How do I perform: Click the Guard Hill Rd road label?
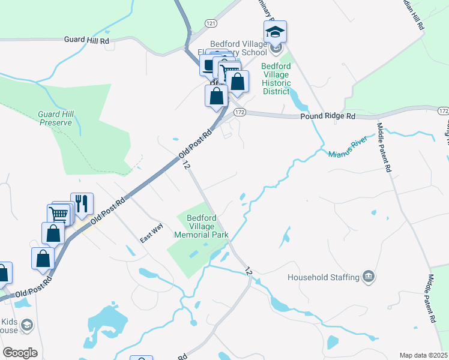tap(87, 40)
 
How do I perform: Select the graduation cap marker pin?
tap(275, 32)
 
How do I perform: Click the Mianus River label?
tap(348, 154)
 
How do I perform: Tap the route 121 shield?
tap(210, 22)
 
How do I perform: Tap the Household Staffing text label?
tap(323, 277)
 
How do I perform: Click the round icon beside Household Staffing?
tap(369, 277)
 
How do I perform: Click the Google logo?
tap(20, 353)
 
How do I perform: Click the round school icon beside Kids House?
tap(26, 325)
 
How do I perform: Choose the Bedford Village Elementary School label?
tap(237, 48)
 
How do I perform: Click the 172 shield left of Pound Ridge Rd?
tap(240, 112)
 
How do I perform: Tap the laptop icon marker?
tap(209, 65)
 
